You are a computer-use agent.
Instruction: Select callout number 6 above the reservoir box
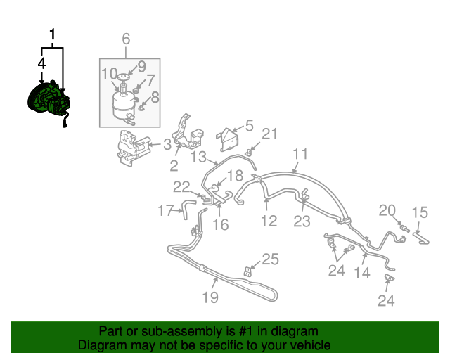pyautogui.click(x=126, y=39)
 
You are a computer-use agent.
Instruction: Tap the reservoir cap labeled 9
pyautogui.click(x=123, y=76)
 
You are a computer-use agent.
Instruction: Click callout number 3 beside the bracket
pyautogui.click(x=167, y=144)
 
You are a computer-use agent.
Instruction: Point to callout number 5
pyautogui.click(x=249, y=125)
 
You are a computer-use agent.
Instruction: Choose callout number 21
pyautogui.click(x=270, y=134)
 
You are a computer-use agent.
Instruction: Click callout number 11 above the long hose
pyautogui.click(x=300, y=153)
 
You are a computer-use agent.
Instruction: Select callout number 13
pyautogui.click(x=199, y=157)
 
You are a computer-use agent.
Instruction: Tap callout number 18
pyautogui.click(x=236, y=175)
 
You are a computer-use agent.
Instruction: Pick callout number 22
pyautogui.click(x=181, y=187)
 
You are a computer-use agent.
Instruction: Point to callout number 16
pyautogui.click(x=220, y=224)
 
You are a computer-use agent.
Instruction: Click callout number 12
pyautogui.click(x=269, y=221)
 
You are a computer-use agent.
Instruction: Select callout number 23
pyautogui.click(x=302, y=221)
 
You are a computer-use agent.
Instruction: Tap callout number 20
pyautogui.click(x=387, y=210)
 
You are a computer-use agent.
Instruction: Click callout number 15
pyautogui.click(x=420, y=212)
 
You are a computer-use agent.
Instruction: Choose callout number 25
pyautogui.click(x=270, y=259)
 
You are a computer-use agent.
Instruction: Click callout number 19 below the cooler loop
pyautogui.click(x=210, y=297)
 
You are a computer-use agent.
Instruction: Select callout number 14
pyautogui.click(x=362, y=272)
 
